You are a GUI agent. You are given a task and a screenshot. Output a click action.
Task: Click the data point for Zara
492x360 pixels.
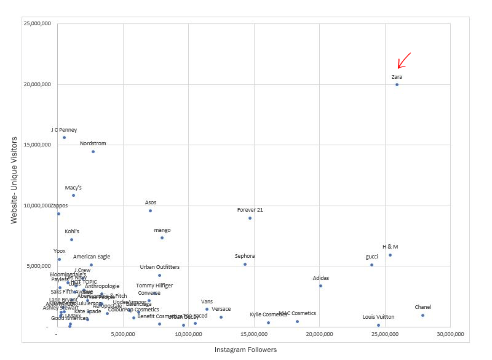pos(397,84)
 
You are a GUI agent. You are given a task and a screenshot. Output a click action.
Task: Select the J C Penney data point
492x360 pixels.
pos(64,137)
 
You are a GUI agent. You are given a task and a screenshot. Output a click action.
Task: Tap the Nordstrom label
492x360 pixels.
pos(93,143)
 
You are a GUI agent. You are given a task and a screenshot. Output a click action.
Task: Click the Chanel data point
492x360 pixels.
pos(423,315)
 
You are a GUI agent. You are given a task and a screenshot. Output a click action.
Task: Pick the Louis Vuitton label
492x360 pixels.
pos(378,317)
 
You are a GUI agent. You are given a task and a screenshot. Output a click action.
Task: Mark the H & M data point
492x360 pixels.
pos(390,255)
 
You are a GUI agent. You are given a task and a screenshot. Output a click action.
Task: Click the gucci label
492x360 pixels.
pos(371,257)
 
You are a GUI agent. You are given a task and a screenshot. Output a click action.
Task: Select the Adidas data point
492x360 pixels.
pos(320,286)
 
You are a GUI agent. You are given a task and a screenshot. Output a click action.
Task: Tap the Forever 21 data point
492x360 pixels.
pos(250,218)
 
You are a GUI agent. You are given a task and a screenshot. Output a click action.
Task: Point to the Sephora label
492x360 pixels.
pos(245,256)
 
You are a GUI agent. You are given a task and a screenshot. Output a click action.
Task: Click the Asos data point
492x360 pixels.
pos(150,210)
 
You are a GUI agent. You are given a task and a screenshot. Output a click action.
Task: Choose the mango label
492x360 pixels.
pos(162,230)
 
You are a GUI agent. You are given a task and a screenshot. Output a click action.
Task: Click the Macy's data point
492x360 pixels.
pos(73,195)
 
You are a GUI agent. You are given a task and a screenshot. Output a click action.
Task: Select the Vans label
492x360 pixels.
pos(207,302)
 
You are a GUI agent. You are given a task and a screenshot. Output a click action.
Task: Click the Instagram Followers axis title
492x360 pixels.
pos(245,350)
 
